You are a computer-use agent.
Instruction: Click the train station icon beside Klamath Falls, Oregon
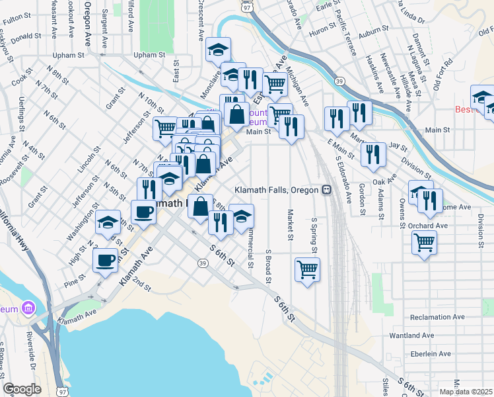click(326, 190)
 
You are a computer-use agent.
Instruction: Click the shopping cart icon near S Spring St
click(307, 269)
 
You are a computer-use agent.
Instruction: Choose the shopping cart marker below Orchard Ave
click(424, 242)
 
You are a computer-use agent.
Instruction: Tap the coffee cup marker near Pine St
click(106, 260)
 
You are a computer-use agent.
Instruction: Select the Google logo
click(22, 389)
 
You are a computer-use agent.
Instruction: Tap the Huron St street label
click(322, 30)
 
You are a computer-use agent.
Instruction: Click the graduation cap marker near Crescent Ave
click(217, 50)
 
